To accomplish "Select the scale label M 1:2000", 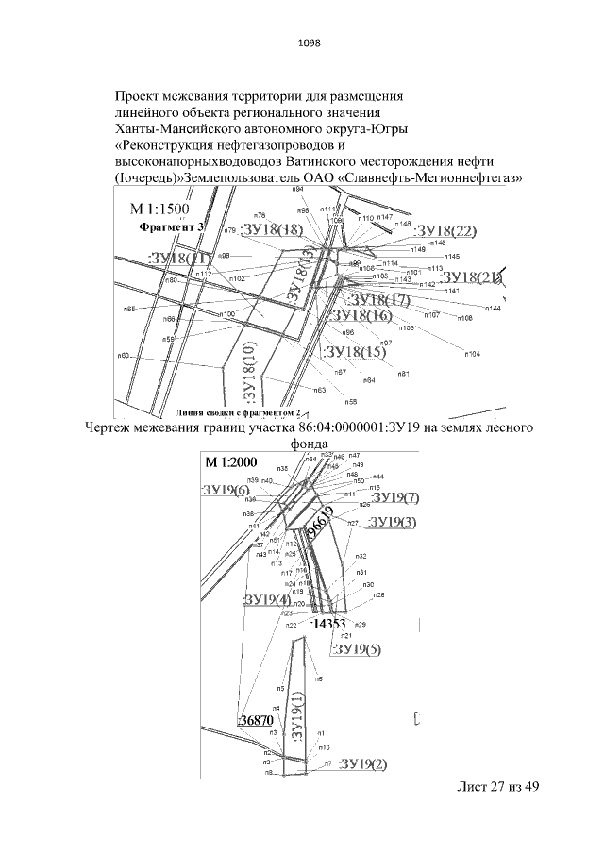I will point(231,462).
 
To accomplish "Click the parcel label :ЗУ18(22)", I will point(445,232).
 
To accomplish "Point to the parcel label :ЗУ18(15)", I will point(354,352).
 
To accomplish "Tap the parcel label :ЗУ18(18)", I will point(273,229).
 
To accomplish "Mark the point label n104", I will point(472,353).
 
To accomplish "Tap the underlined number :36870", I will point(256,720).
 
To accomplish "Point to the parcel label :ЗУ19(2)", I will point(367,762).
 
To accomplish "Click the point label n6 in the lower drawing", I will point(319,678).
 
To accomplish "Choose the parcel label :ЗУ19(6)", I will point(226,490).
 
